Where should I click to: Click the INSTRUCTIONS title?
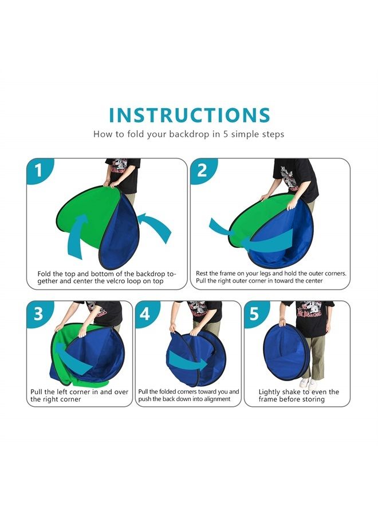pyautogui.click(x=189, y=115)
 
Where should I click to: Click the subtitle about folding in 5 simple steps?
pyautogui.click(x=189, y=134)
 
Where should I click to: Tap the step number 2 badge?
pyautogui.click(x=203, y=171)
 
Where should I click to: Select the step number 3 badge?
pyautogui.click(x=38, y=314)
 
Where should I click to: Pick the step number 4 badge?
pyautogui.click(x=145, y=314)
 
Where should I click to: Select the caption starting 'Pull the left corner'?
pyautogui.click(x=79, y=395)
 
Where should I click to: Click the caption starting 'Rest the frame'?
pyautogui.click(x=271, y=277)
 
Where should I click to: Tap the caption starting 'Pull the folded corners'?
pyautogui.click(x=188, y=395)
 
